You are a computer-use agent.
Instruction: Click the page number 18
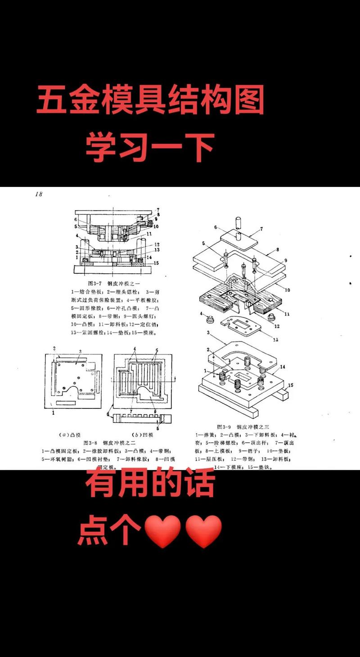click(x=38, y=194)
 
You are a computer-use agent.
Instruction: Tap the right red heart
click(x=203, y=532)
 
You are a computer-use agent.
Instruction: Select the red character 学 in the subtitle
click(x=102, y=147)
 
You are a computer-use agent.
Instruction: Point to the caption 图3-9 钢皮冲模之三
click(x=243, y=426)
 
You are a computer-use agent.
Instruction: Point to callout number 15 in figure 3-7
click(x=155, y=263)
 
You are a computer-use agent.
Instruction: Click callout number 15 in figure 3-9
click(x=291, y=385)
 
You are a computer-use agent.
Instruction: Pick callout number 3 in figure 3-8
click(x=80, y=351)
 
